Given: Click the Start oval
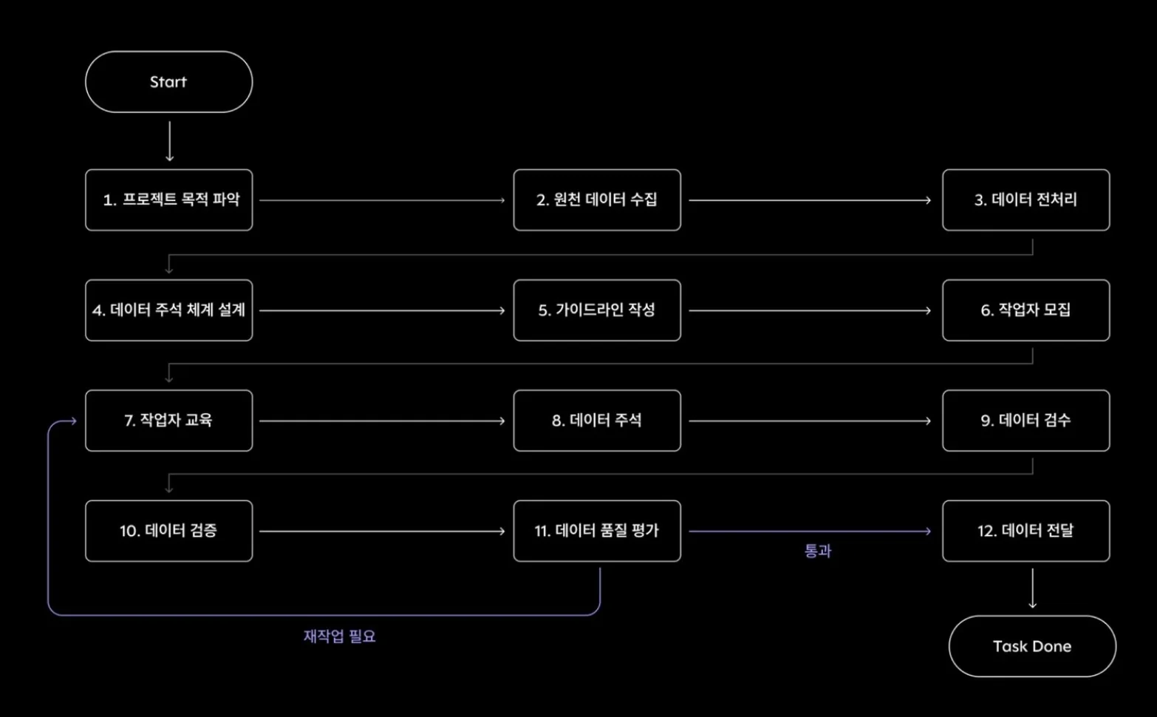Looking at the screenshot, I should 168,82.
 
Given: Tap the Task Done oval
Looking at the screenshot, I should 1031,646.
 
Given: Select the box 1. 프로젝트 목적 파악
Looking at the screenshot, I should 168,200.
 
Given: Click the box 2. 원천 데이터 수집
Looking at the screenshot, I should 597,200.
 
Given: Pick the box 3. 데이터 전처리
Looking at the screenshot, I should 1025,200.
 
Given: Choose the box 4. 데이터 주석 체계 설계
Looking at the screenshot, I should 168,310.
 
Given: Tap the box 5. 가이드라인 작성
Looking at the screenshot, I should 597,310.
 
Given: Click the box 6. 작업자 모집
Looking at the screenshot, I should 1025,310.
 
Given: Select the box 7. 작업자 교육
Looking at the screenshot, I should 168,421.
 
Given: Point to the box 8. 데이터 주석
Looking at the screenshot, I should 597,421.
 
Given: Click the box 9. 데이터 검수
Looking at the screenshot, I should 1025,421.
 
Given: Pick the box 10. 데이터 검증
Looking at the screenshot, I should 168,531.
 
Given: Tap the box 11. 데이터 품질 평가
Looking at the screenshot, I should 597,531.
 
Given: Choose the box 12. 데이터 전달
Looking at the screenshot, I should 1025,531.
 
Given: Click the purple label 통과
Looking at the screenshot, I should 817,551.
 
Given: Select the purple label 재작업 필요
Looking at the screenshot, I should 339,636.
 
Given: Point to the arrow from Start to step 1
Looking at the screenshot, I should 170,141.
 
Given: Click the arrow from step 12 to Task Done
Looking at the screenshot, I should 1032,588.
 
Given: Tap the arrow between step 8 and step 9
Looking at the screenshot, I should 810,421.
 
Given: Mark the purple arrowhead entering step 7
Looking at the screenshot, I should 72,421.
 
